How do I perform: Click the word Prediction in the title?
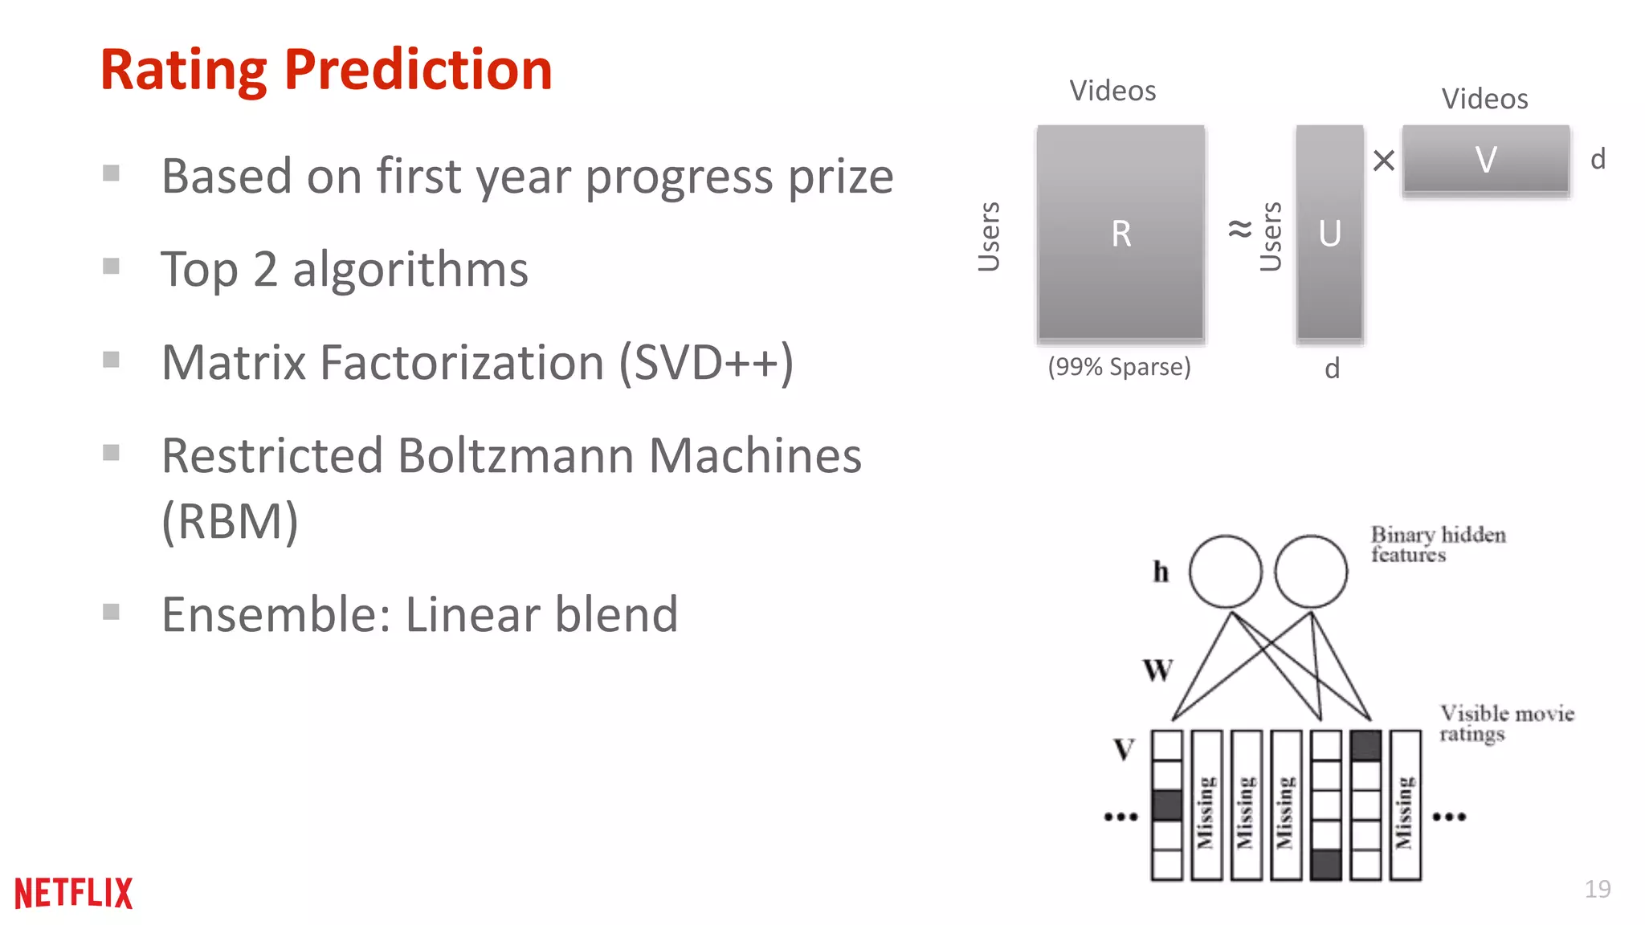418,70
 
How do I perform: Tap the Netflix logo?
73,893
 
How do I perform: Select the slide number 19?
1597,889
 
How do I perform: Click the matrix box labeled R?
1120,234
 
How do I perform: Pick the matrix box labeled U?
1329,234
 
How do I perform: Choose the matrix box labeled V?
1486,159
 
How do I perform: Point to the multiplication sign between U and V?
1383,161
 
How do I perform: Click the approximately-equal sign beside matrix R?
1239,230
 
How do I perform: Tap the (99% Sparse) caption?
1119,367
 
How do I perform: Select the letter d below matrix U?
1332,369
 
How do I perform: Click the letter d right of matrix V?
1598,159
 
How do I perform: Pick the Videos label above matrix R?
1112,91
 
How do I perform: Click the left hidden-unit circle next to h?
1225,572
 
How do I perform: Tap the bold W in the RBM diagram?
1157,670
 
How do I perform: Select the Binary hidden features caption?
1437,544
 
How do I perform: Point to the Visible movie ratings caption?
1506,723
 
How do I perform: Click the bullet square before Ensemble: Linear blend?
112,613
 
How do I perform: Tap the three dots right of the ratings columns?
1450,817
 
